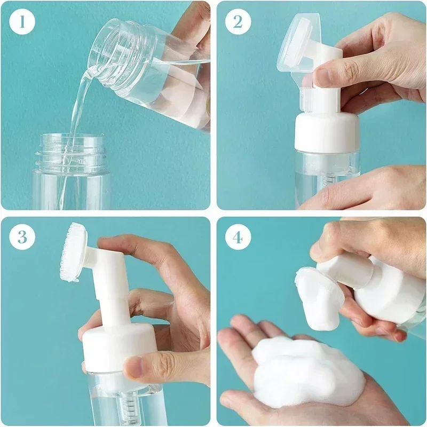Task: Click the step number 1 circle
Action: coord(22,22)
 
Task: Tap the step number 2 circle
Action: coord(238,22)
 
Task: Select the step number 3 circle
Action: coord(22,237)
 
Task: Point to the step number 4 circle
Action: coord(238,237)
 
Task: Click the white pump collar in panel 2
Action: coord(326,131)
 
